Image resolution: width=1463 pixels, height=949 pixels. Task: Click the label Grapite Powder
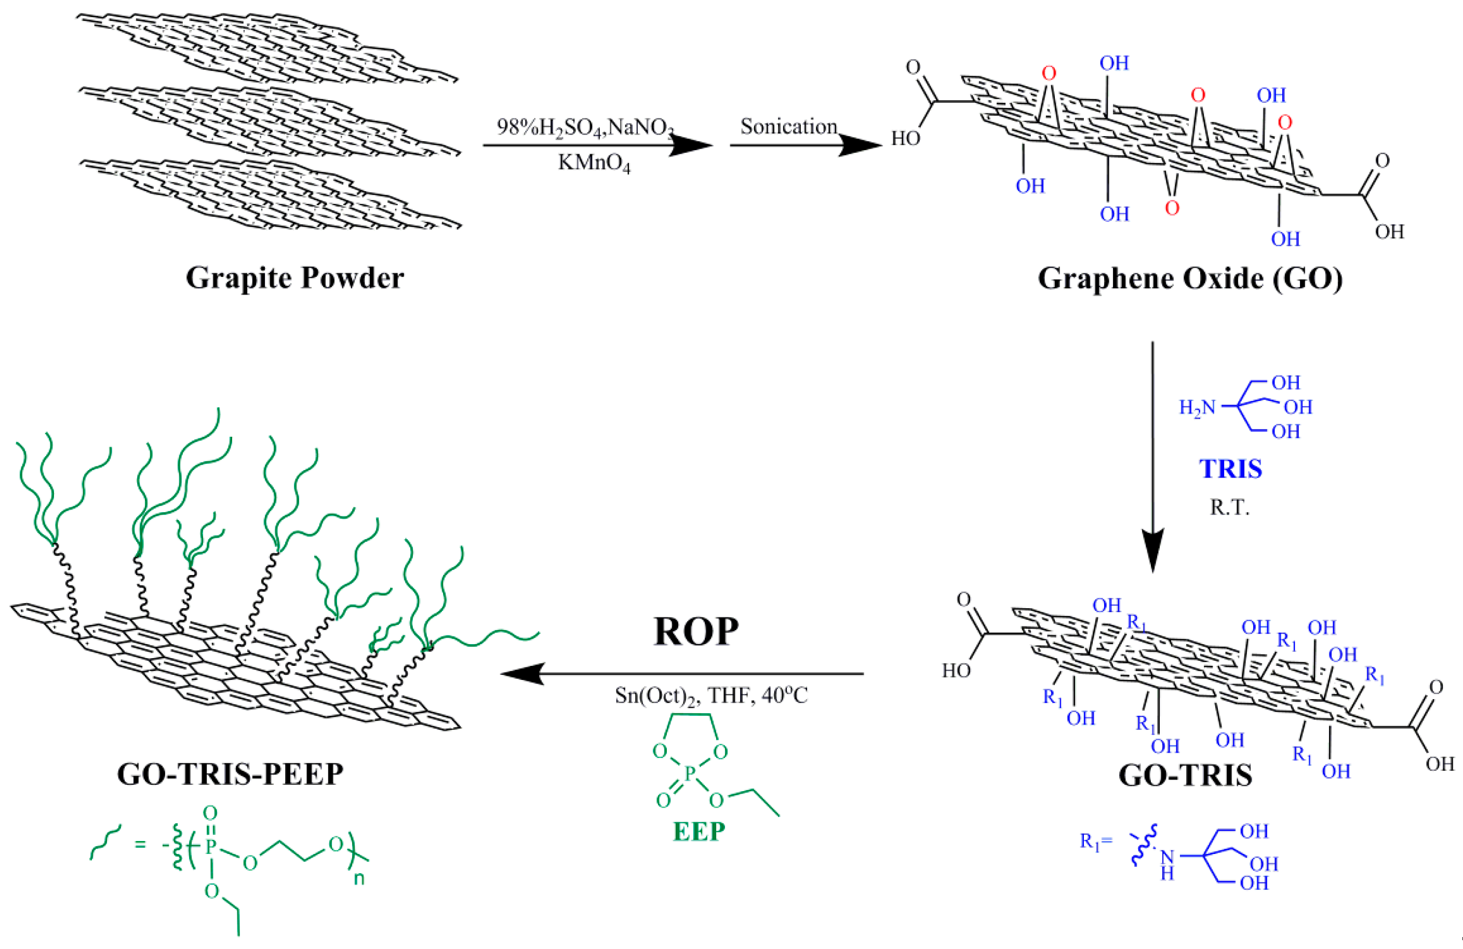point(294,278)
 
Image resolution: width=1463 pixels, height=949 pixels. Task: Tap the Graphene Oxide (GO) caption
point(1189,278)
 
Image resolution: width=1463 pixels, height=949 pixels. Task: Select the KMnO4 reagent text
point(594,163)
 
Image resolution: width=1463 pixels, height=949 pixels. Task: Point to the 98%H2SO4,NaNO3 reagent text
point(584,127)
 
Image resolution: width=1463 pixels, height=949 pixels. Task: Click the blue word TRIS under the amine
point(1231,469)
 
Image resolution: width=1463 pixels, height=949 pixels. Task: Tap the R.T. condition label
point(1229,507)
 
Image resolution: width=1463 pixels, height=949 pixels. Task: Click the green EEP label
point(699,832)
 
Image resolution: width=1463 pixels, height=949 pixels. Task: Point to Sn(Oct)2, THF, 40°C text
point(710,696)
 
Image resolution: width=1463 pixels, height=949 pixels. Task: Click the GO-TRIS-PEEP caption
point(230,774)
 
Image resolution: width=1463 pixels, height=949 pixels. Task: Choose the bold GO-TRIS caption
point(1185,775)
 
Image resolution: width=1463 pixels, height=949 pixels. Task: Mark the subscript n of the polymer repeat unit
point(359,879)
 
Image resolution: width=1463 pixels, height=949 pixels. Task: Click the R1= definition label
point(1096,841)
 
